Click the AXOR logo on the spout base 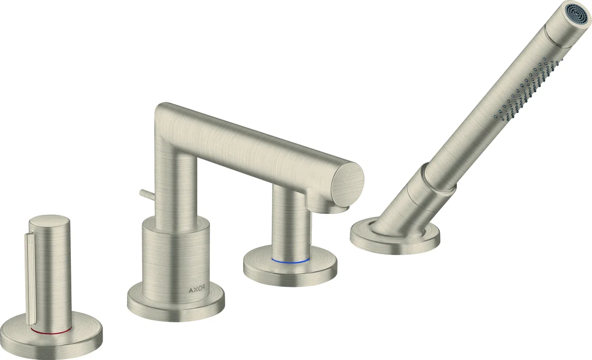coord(197,290)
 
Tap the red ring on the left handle coord(51,331)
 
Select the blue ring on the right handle coord(291,260)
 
